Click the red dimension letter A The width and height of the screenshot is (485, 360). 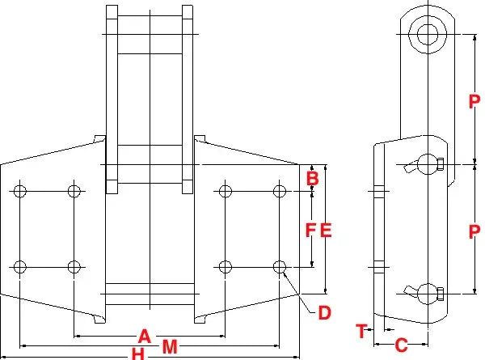[x=145, y=335]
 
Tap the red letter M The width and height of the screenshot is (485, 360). [x=170, y=347]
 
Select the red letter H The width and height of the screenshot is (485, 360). [x=138, y=354]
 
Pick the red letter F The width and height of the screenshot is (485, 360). [x=310, y=230]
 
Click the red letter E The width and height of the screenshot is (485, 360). [x=326, y=230]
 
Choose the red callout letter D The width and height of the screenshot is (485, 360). [x=323, y=312]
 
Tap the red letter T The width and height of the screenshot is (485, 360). [x=361, y=330]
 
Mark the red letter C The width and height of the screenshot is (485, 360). [x=400, y=345]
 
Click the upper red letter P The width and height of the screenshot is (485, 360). [x=475, y=101]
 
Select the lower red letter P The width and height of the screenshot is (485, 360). [x=475, y=231]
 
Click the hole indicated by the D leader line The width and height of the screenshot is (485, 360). [x=280, y=265]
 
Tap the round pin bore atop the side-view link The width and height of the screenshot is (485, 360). [x=425, y=32]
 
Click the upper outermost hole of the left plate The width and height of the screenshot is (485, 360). [x=20, y=191]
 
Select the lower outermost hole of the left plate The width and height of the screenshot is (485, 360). [x=20, y=265]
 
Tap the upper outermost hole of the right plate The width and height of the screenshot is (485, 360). [x=280, y=191]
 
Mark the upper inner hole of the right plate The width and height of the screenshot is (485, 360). [x=226, y=191]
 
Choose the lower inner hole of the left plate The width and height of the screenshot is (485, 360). [x=74, y=265]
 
